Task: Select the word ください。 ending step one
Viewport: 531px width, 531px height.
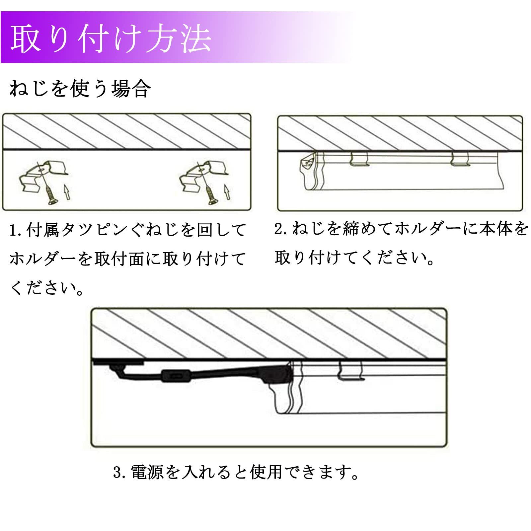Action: (46, 287)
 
